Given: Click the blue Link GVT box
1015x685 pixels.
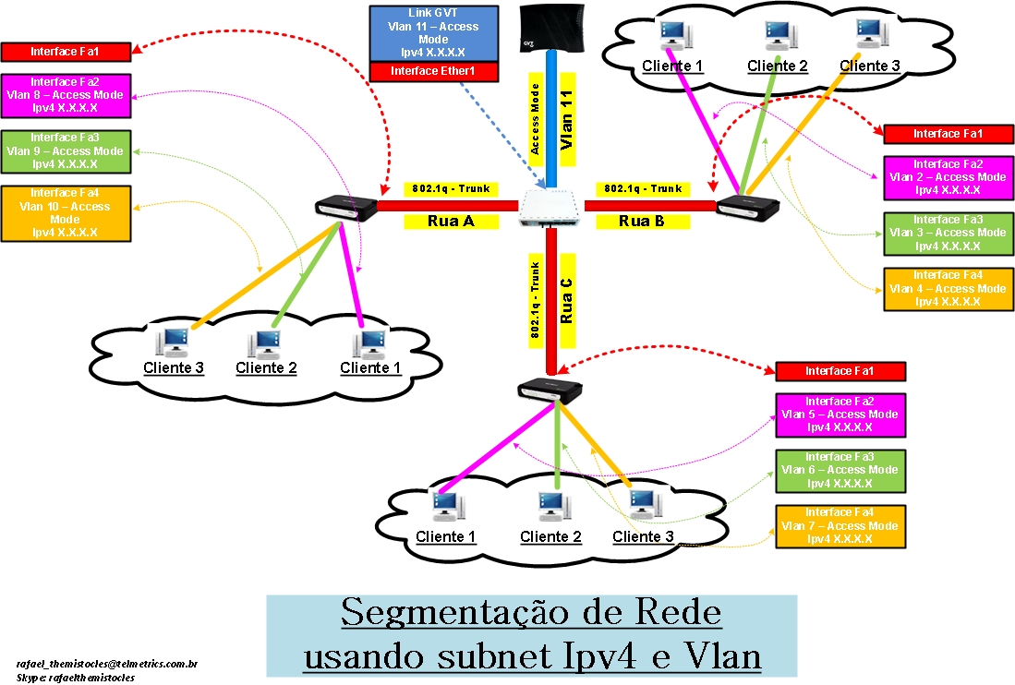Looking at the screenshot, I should click(433, 33).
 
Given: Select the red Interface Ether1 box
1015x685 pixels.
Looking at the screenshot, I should click(433, 71).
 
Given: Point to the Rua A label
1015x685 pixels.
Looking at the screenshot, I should click(450, 221).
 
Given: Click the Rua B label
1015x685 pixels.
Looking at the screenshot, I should click(642, 221).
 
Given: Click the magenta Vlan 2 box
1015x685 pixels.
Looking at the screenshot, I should click(948, 177).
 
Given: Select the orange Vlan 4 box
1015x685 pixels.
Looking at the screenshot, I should click(947, 288).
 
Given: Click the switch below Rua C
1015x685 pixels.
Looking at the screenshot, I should click(550, 391).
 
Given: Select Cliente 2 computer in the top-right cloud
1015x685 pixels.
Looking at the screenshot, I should click(777, 38).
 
